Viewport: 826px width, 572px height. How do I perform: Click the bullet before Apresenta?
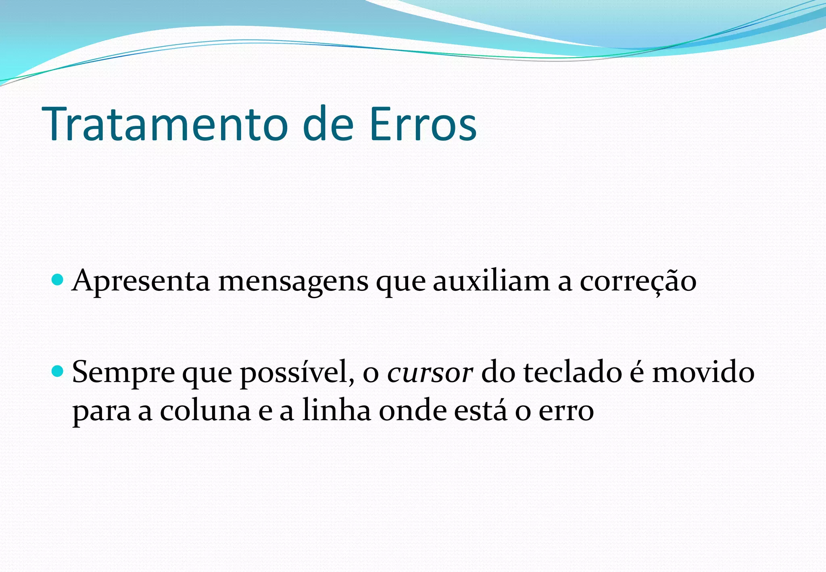click(x=58, y=279)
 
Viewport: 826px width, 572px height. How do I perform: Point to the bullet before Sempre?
click(x=58, y=370)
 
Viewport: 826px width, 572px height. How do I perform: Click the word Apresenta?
click(x=141, y=281)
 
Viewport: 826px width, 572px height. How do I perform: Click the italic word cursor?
click(x=430, y=372)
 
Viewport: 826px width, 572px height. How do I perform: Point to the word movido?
click(x=703, y=372)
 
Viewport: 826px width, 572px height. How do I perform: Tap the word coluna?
click(x=205, y=411)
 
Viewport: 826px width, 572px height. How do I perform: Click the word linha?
click(x=336, y=410)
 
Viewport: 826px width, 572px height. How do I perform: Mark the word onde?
click(x=413, y=411)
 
